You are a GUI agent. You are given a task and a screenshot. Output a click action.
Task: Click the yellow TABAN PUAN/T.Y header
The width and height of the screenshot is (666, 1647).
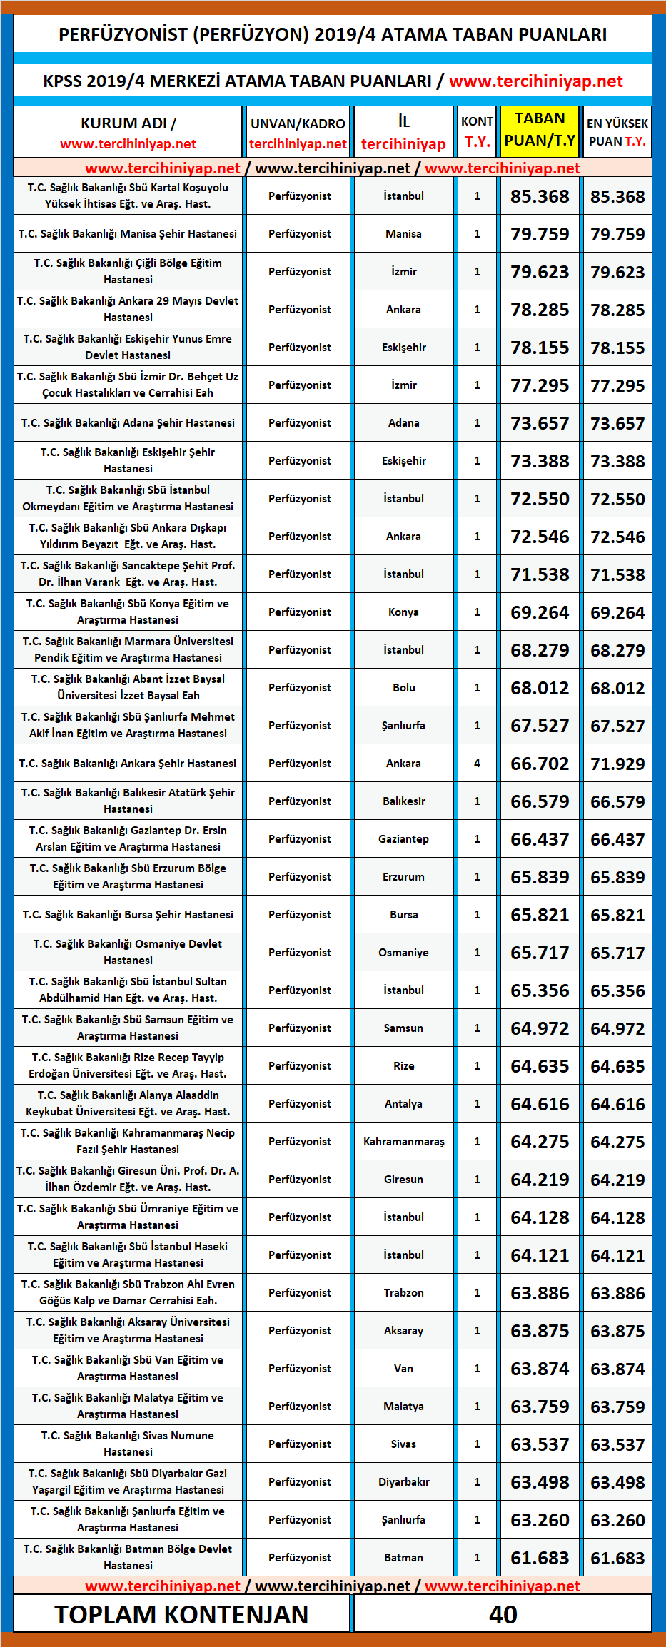pos(540,130)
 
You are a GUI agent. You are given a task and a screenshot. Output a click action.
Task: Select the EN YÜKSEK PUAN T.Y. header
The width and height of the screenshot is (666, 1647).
pos(617,132)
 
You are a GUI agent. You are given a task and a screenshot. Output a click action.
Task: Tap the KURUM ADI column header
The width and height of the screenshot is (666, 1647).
pos(128,132)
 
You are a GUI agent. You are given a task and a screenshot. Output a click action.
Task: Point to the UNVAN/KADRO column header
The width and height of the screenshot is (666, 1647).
pos(298,132)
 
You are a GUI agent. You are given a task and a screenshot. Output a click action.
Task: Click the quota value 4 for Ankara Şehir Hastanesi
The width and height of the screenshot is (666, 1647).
pos(477,764)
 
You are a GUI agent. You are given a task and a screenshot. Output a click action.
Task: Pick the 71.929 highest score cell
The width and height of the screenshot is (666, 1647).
pos(617,764)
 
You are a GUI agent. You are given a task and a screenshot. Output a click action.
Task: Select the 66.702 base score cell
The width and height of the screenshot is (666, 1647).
pos(540,764)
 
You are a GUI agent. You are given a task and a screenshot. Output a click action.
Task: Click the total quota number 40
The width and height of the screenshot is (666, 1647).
pos(503,1614)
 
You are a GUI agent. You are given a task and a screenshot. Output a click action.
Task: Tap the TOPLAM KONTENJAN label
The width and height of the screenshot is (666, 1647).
pos(181,1614)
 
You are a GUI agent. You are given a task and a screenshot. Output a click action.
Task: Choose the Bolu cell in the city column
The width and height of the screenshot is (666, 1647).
pos(403,688)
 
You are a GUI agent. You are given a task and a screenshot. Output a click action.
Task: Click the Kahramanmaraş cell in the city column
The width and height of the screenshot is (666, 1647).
pos(403,1142)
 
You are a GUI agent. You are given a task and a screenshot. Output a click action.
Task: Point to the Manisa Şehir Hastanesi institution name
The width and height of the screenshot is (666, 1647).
pos(128,234)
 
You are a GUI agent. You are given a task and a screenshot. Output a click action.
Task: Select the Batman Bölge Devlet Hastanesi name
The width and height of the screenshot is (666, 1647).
pos(128,1557)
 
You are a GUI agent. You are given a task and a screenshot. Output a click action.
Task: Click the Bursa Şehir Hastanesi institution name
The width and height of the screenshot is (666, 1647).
pos(128,915)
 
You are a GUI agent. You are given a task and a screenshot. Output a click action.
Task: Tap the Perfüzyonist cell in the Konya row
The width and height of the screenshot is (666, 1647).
pos(299,612)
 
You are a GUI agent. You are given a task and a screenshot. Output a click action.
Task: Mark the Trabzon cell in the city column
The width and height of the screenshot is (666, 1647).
pos(403,1293)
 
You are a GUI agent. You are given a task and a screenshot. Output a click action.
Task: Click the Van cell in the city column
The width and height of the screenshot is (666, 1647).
pos(403,1369)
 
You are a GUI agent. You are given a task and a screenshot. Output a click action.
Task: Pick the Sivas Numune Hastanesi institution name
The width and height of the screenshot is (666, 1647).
pos(128,1444)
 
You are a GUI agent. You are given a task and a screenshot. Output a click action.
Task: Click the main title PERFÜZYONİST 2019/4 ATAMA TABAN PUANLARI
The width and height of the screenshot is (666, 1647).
pos(333,34)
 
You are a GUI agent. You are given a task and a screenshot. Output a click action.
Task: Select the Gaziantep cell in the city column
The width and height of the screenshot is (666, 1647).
pos(403,839)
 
